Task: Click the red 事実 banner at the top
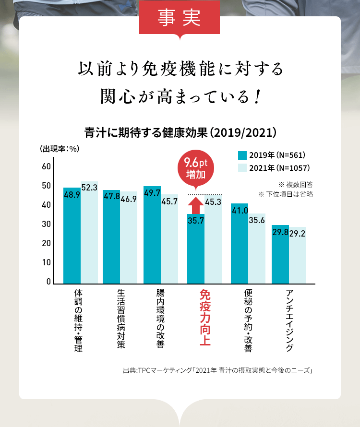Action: (180, 18)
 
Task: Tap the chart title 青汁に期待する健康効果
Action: (180, 132)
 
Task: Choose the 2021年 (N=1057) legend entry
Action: (274, 168)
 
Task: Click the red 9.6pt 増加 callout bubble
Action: (195, 168)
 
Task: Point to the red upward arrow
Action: (195, 205)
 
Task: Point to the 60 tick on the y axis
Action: (46, 166)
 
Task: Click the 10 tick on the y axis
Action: (46, 262)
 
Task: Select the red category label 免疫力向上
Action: (204, 317)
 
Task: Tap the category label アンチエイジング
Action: (289, 320)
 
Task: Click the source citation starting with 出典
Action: (217, 370)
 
